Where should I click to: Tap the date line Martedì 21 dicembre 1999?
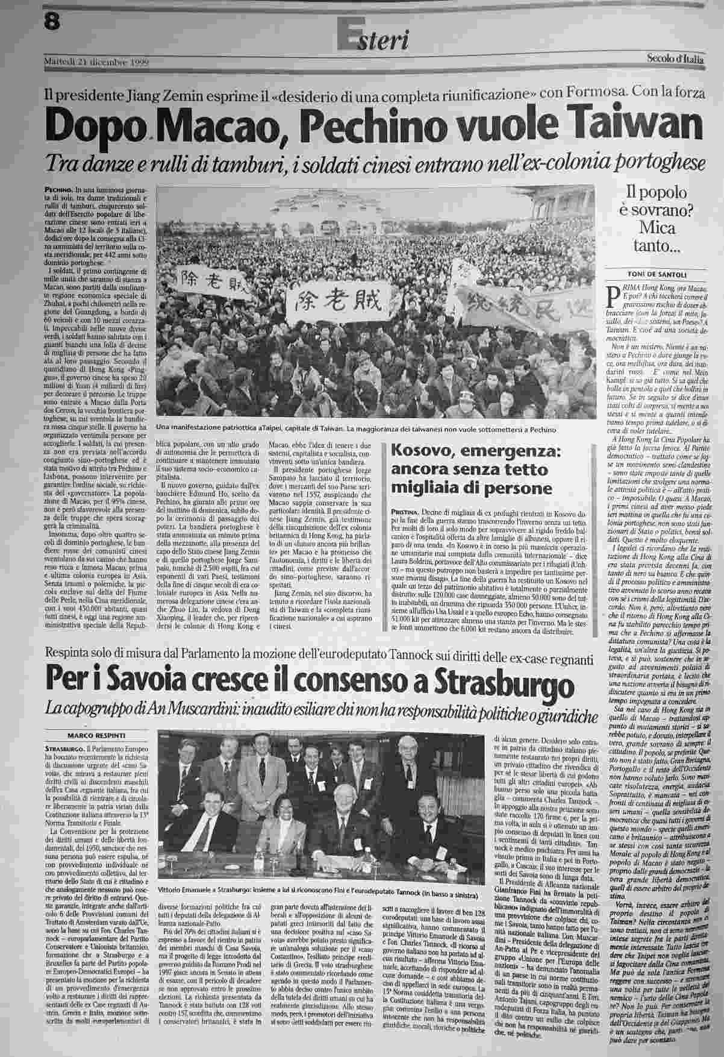tap(96, 61)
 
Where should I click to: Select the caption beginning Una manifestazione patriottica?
tap(353, 429)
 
